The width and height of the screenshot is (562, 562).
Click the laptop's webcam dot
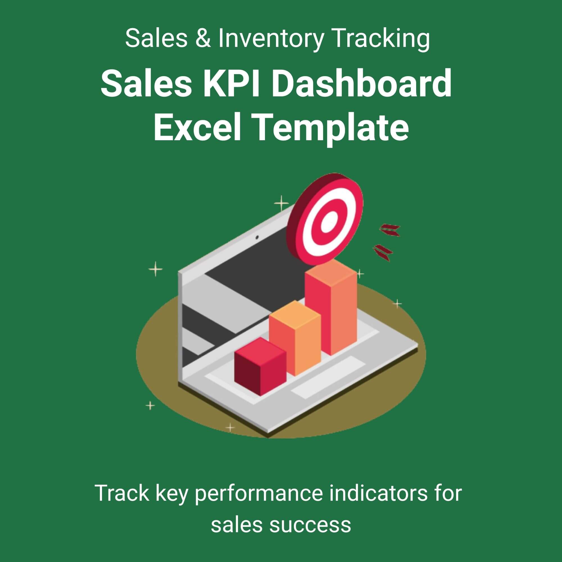[x=257, y=238]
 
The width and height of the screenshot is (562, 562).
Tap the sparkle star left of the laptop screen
[x=156, y=269]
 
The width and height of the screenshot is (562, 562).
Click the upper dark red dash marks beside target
[x=389, y=230]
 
